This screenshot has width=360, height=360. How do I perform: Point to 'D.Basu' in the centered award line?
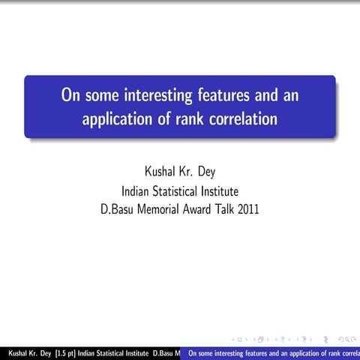point(118,209)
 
